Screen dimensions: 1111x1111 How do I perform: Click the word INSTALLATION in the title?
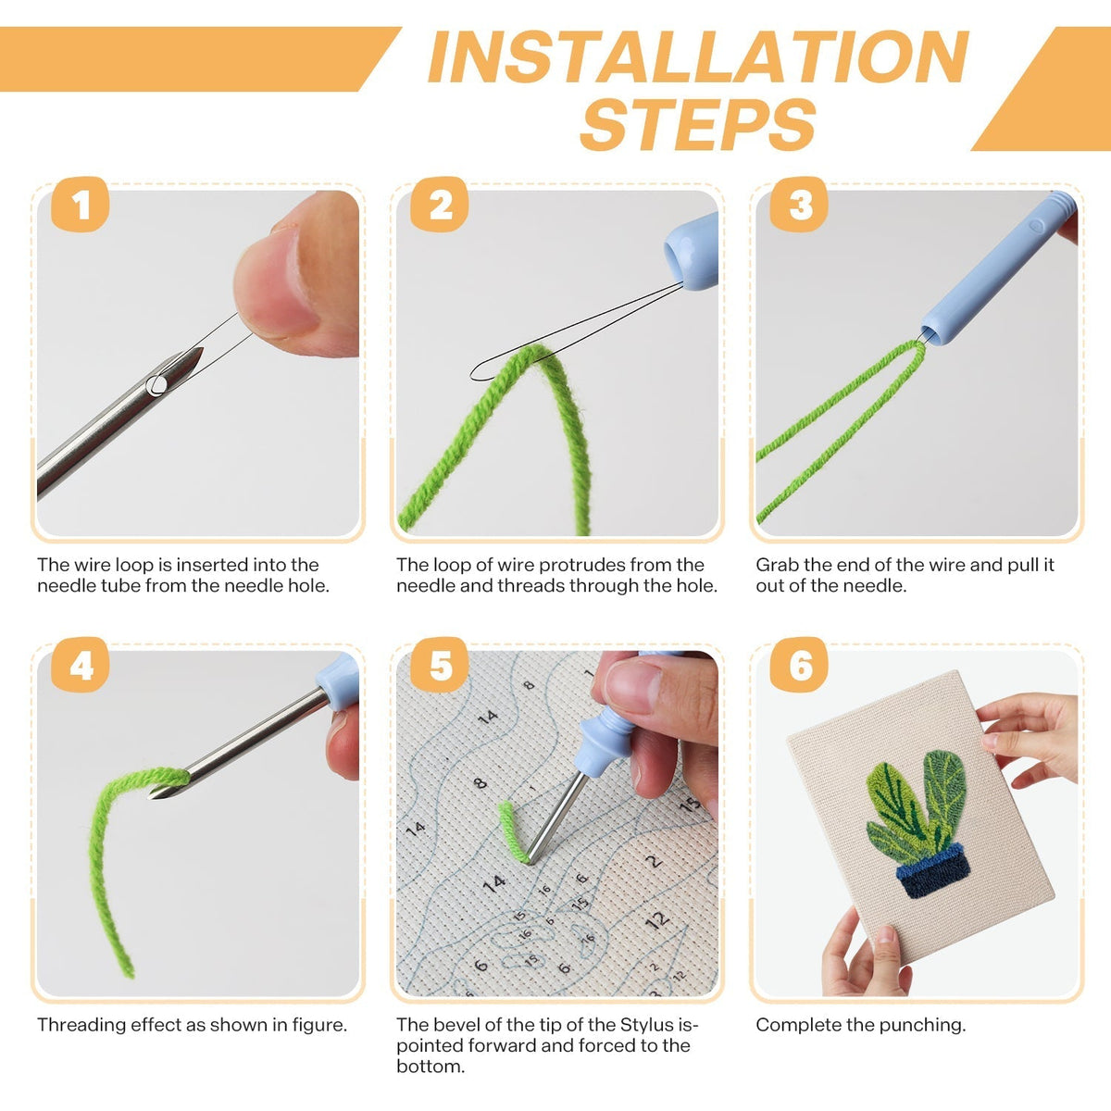698,57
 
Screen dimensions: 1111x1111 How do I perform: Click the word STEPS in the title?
698,124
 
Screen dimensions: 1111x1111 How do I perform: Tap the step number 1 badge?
81,205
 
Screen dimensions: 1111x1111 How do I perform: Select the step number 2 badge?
440,205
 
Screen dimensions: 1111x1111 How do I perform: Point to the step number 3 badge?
799,205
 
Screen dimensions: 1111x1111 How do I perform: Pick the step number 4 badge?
81,665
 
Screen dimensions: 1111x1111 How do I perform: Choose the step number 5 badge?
440,665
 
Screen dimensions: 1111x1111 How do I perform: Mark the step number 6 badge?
799,665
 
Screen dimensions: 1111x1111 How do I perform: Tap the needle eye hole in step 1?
156,384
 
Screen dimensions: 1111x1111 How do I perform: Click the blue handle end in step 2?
692,252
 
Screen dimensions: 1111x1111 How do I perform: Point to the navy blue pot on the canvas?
934,870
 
